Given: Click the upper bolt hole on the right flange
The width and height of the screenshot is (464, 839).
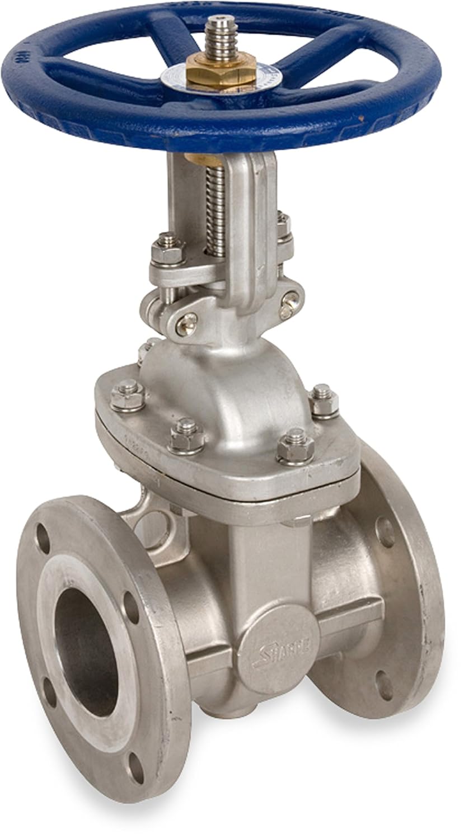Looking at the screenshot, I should (x=385, y=532).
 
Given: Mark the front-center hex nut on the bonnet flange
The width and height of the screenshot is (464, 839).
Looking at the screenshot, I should (x=186, y=435).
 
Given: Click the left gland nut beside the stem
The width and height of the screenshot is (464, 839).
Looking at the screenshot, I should (x=168, y=249).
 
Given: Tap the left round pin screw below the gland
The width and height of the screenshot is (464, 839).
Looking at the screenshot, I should (x=186, y=324).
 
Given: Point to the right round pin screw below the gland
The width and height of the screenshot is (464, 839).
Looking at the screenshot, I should (x=289, y=303).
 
